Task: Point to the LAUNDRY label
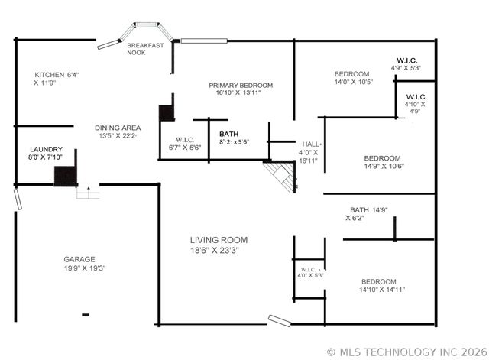47,150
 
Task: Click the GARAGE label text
79,259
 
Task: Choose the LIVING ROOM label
219,240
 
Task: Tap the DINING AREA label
116,128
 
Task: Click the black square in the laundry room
65,177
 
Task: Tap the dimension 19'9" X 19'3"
84,268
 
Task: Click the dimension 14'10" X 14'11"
382,290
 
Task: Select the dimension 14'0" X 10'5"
354,83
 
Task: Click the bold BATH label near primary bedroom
229,134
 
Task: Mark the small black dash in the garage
85,314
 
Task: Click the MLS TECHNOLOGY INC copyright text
406,352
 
